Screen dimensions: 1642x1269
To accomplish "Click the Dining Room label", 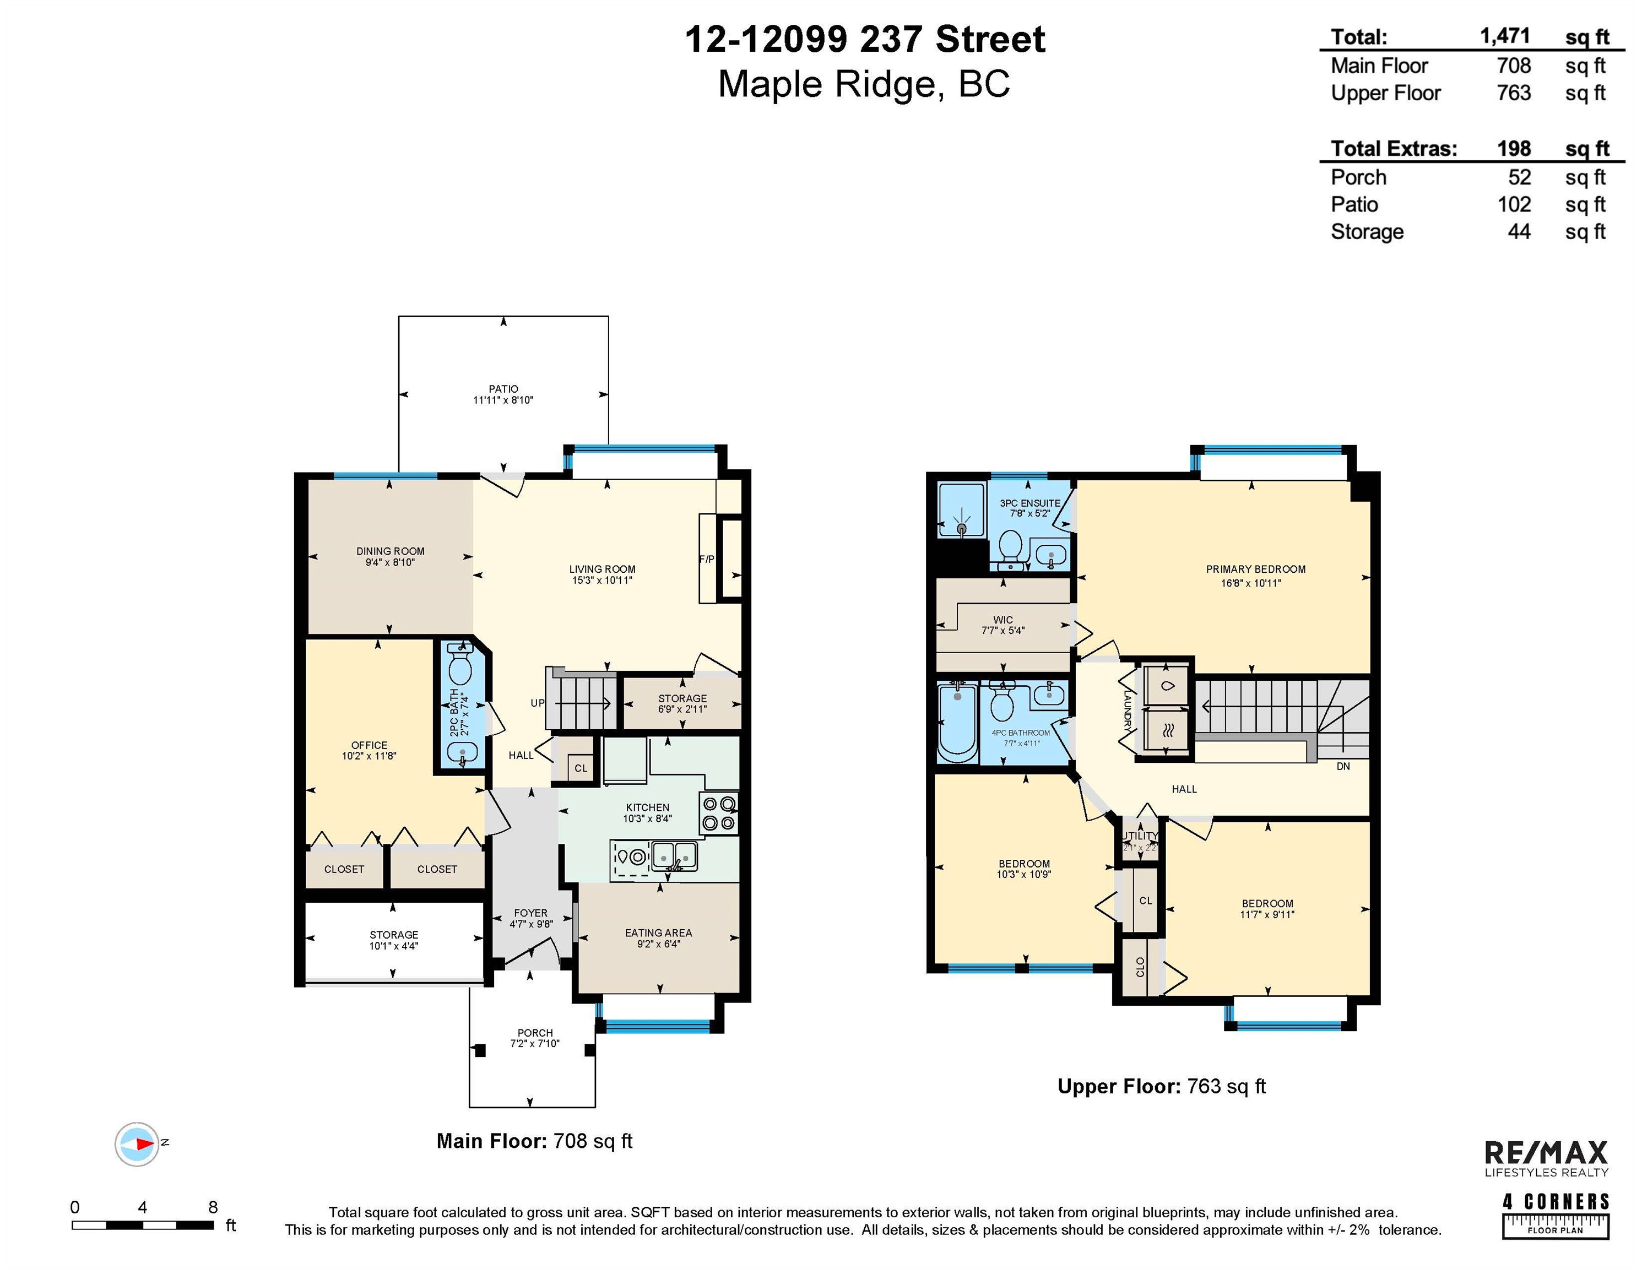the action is pyautogui.click(x=390, y=551).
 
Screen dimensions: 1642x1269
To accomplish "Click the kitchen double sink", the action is pyautogui.click(x=674, y=855).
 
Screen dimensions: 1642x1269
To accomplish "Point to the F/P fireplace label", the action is pyautogui.click(x=707, y=560).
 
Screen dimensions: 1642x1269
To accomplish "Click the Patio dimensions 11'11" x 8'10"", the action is pyautogui.click(x=503, y=400).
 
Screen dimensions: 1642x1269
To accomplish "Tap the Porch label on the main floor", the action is pyautogui.click(x=534, y=1033).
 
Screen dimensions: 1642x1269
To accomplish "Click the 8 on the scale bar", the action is pyautogui.click(x=213, y=1207).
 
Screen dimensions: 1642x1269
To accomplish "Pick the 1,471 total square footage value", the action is pyautogui.click(x=1504, y=36).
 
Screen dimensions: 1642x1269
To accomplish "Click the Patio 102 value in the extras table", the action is pyautogui.click(x=1514, y=204).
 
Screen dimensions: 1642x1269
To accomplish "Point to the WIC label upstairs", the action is pyautogui.click(x=1003, y=620).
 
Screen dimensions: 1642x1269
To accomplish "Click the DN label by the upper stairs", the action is pyautogui.click(x=1343, y=767).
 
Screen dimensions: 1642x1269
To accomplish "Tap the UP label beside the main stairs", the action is pyautogui.click(x=538, y=703).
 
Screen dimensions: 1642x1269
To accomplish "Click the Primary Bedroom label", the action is pyautogui.click(x=1255, y=569).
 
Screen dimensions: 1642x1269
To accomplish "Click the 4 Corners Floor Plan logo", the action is pyautogui.click(x=1556, y=1215).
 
